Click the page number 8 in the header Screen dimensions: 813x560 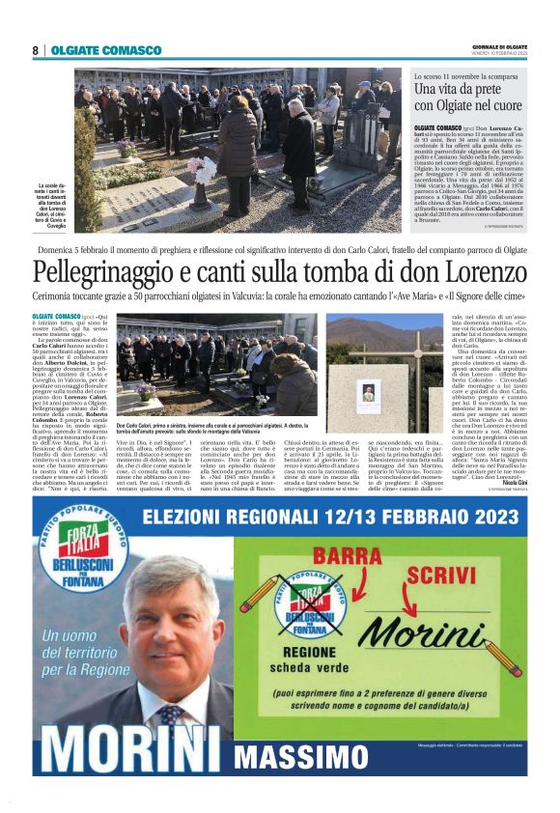point(35,50)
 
